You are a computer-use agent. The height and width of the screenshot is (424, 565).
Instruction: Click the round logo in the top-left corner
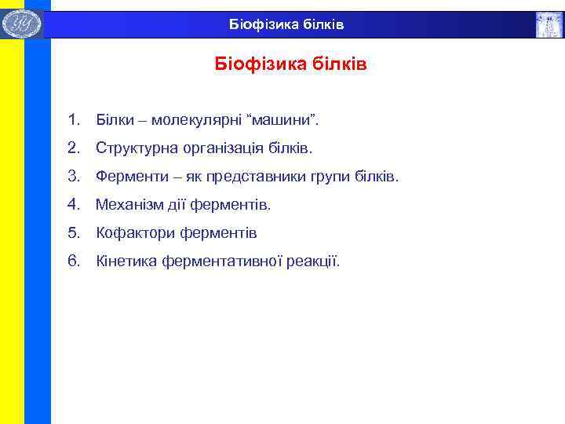[21, 24]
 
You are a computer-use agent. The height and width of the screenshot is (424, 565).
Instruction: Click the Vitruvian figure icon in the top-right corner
[549, 24]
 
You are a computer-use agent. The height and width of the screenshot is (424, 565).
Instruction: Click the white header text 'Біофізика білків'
[286, 25]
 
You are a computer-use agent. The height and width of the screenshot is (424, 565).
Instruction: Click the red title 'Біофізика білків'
[291, 64]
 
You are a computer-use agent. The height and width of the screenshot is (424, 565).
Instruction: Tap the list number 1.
[74, 120]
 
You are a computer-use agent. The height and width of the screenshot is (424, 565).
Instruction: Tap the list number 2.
[74, 148]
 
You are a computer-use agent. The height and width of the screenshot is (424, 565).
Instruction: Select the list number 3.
[74, 177]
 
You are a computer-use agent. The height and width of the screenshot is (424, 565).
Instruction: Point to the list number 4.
[74, 205]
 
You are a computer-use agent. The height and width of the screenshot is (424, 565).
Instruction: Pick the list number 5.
[74, 233]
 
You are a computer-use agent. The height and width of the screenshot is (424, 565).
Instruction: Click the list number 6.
[74, 261]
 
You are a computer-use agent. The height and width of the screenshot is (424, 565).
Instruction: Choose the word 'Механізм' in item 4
[126, 205]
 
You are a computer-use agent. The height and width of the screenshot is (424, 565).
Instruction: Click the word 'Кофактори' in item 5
[128, 233]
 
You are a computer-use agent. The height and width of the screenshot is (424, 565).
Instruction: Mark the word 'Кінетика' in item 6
[126, 261]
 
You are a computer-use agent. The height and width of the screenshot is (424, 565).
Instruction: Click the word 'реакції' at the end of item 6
[313, 261]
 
